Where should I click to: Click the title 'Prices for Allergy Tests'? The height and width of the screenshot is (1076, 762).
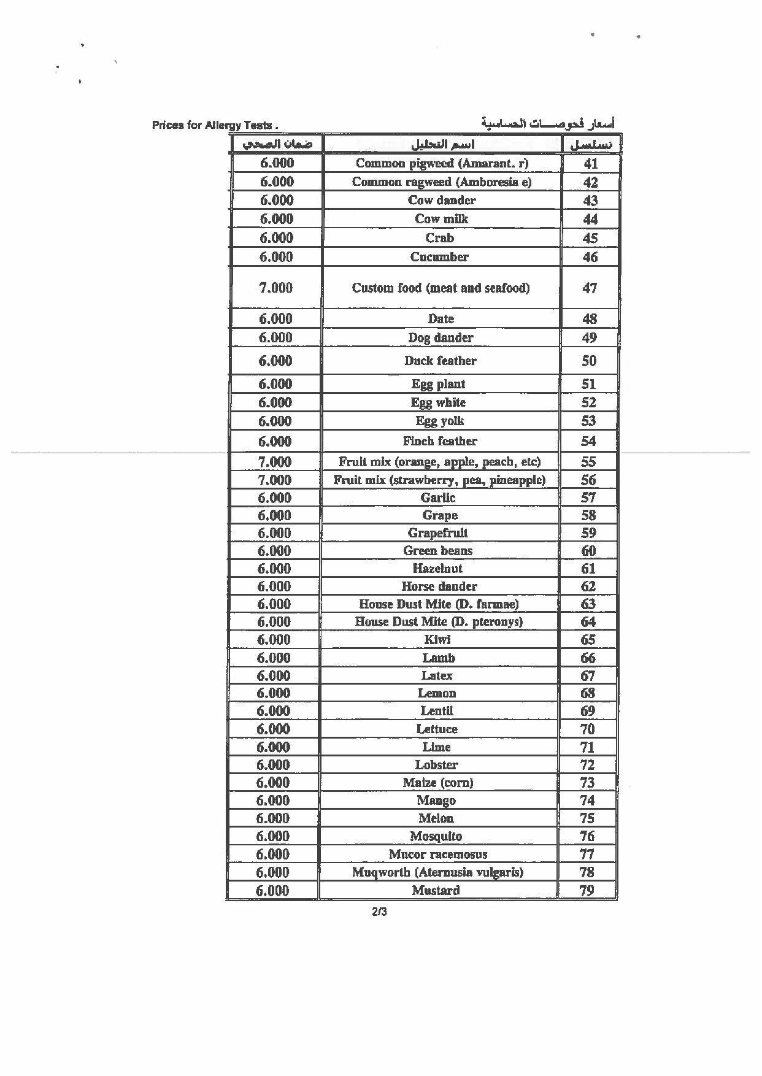click(x=214, y=125)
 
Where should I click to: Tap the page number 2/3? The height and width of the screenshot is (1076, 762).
click(x=379, y=912)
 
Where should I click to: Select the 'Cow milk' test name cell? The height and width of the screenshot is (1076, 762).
click(x=441, y=219)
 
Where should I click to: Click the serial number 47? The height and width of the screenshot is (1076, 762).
click(x=590, y=288)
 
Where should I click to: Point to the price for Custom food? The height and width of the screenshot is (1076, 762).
click(x=275, y=288)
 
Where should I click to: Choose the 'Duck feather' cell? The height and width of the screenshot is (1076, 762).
click(x=440, y=361)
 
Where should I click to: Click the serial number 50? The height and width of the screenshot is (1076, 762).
click(x=589, y=361)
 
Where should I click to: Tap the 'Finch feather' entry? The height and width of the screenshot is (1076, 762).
click(x=440, y=441)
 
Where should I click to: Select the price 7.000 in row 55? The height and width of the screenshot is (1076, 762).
click(x=275, y=462)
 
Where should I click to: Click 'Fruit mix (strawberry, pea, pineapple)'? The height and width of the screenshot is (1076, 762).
click(x=439, y=480)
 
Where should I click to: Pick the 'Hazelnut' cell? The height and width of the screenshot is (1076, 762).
click(x=437, y=569)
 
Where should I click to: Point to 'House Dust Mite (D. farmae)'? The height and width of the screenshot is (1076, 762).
click(x=439, y=604)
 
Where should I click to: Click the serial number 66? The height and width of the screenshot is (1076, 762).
click(x=588, y=658)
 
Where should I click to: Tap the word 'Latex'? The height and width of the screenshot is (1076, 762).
click(x=437, y=676)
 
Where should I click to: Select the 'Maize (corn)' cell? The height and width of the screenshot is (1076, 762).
click(x=437, y=783)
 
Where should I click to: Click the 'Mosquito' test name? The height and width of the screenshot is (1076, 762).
click(x=436, y=836)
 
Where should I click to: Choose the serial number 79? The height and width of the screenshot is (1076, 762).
click(x=587, y=891)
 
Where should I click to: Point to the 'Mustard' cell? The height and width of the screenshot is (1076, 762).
click(x=436, y=891)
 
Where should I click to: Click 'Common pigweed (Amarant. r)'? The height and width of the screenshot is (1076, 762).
click(x=442, y=163)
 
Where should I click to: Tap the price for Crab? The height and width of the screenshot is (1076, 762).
click(x=276, y=238)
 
